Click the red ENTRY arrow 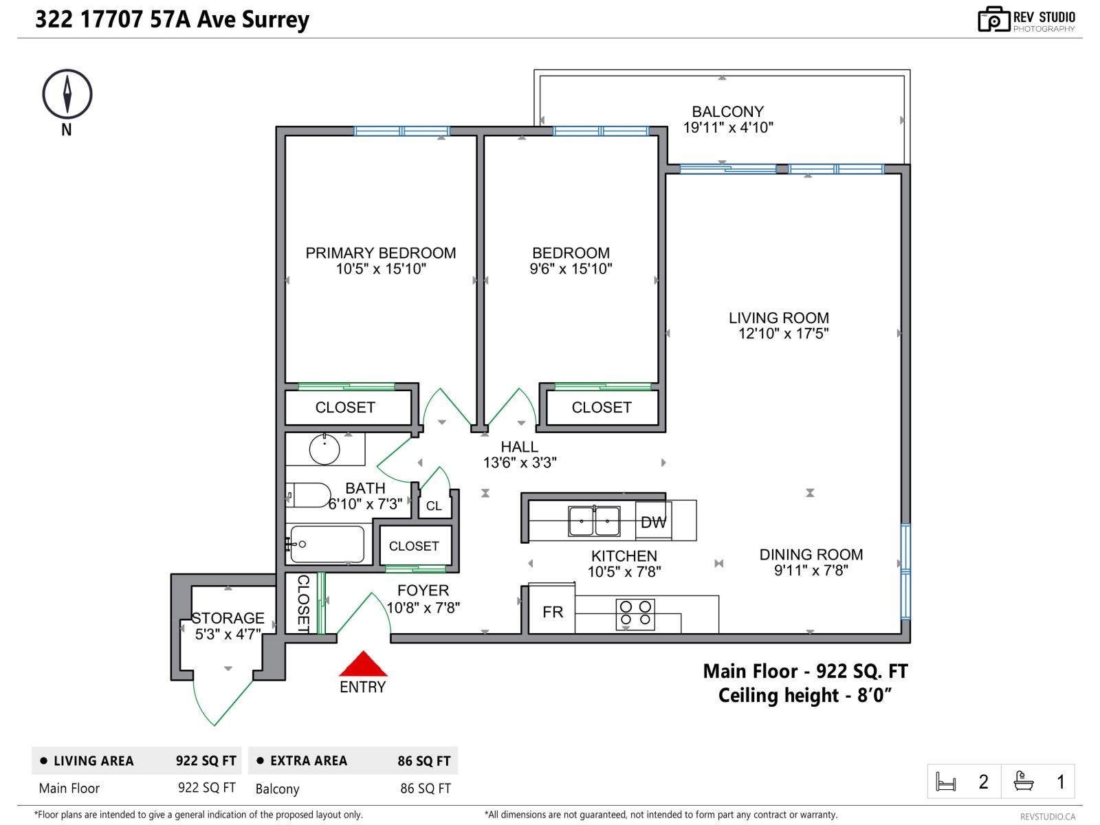[363, 665]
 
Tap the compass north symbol [67, 93]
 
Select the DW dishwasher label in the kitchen [653, 522]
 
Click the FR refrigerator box [552, 612]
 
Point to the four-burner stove [635, 614]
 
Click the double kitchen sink [594, 521]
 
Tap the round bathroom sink [324, 450]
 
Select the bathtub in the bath [327, 544]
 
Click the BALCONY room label [727, 111]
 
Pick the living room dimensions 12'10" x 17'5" [783, 334]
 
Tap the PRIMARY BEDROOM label [380, 253]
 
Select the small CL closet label [434, 506]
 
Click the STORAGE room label [228, 618]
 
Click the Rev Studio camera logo [993, 19]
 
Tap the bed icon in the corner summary [946, 782]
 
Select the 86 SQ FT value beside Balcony [425, 789]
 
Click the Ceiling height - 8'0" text [804, 696]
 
